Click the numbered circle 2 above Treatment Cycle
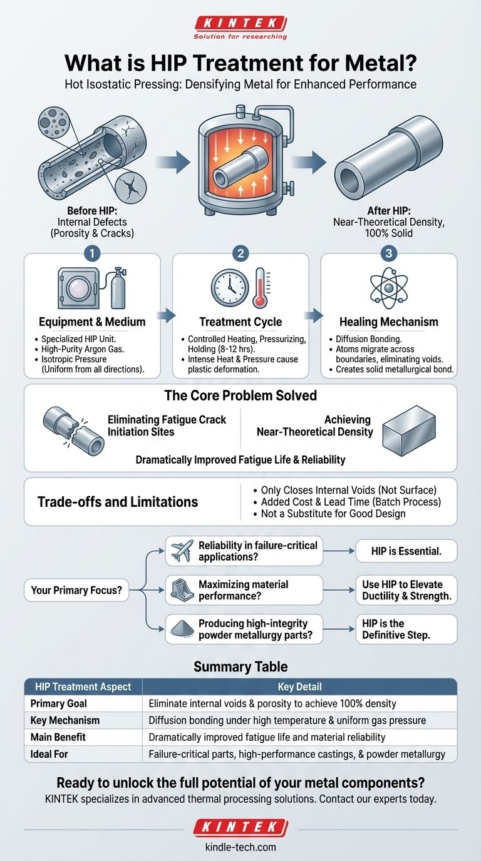click(x=240, y=254)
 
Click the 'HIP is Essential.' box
click(x=406, y=551)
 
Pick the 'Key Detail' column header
click(x=299, y=686)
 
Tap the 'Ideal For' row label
click(x=49, y=754)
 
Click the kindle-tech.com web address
click(x=240, y=847)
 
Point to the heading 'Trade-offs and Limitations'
click(x=118, y=501)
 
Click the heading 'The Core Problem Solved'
click(x=240, y=395)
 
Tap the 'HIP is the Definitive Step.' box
click(x=406, y=629)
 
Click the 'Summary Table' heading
click(x=240, y=667)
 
